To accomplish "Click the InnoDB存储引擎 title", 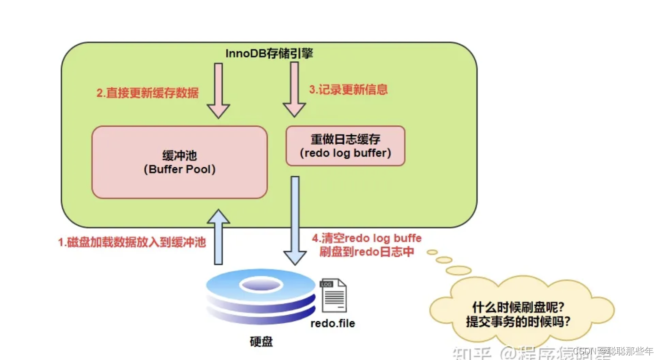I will [x=269, y=54].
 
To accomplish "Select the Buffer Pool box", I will [x=179, y=162].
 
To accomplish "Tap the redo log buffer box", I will [x=345, y=146].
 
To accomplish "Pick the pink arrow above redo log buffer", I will [x=295, y=90].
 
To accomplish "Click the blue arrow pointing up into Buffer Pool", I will [x=218, y=236].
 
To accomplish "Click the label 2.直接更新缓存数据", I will [x=148, y=93].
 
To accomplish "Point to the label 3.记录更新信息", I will [x=348, y=90].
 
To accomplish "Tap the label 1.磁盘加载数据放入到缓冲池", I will [x=132, y=242].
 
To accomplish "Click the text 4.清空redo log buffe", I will [x=367, y=237].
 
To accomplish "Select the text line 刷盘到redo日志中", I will [x=367, y=252].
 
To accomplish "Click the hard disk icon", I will [x=261, y=296].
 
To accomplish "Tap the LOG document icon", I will [x=333, y=295].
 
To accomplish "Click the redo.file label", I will [x=333, y=324].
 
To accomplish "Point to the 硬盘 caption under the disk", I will [x=261, y=342].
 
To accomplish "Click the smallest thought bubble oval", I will [x=432, y=252].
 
